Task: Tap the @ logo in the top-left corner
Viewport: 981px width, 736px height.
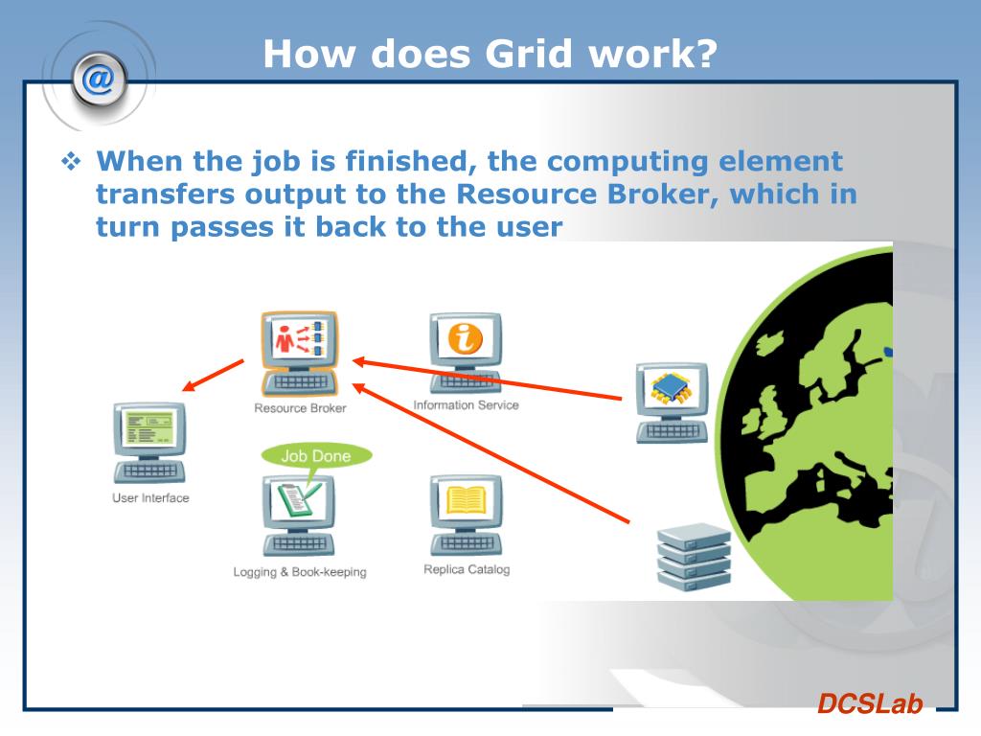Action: pyautogui.click(x=97, y=79)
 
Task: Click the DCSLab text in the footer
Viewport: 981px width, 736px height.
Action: pyautogui.click(x=869, y=704)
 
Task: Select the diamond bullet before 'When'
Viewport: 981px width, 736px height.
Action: pyautogui.click(x=72, y=162)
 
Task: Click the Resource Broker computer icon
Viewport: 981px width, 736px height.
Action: pyautogui.click(x=299, y=352)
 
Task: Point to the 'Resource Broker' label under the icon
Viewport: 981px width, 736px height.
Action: pyautogui.click(x=300, y=408)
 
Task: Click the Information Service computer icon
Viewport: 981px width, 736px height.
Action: pyautogui.click(x=466, y=351)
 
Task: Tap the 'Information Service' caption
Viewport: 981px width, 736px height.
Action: pyautogui.click(x=466, y=405)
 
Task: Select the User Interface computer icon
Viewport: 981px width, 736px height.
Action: pyautogui.click(x=150, y=442)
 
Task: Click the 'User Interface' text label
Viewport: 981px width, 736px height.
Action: pyautogui.click(x=150, y=498)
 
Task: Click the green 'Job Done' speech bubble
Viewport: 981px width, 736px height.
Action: pyautogui.click(x=315, y=456)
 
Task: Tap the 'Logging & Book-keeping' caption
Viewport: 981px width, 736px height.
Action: pyautogui.click(x=300, y=572)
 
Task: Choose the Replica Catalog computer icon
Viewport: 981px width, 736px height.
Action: pyautogui.click(x=466, y=514)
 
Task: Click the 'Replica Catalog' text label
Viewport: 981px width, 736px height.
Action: pyautogui.click(x=467, y=569)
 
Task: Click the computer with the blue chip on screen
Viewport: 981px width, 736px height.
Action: pyautogui.click(x=672, y=402)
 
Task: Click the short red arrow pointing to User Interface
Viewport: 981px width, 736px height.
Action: pyautogui.click(x=214, y=376)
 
